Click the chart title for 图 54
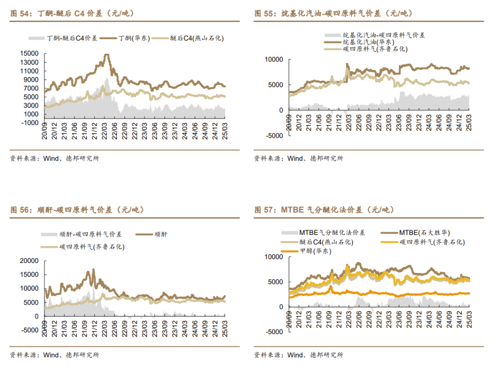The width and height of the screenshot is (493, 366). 73,14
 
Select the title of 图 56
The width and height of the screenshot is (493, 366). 77,210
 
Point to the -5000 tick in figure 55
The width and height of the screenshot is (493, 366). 274,136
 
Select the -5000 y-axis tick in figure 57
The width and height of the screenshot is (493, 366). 274,332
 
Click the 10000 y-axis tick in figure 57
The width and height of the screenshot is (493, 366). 274,257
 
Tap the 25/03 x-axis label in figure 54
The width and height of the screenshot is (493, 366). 224,131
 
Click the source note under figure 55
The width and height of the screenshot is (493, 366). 299,158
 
